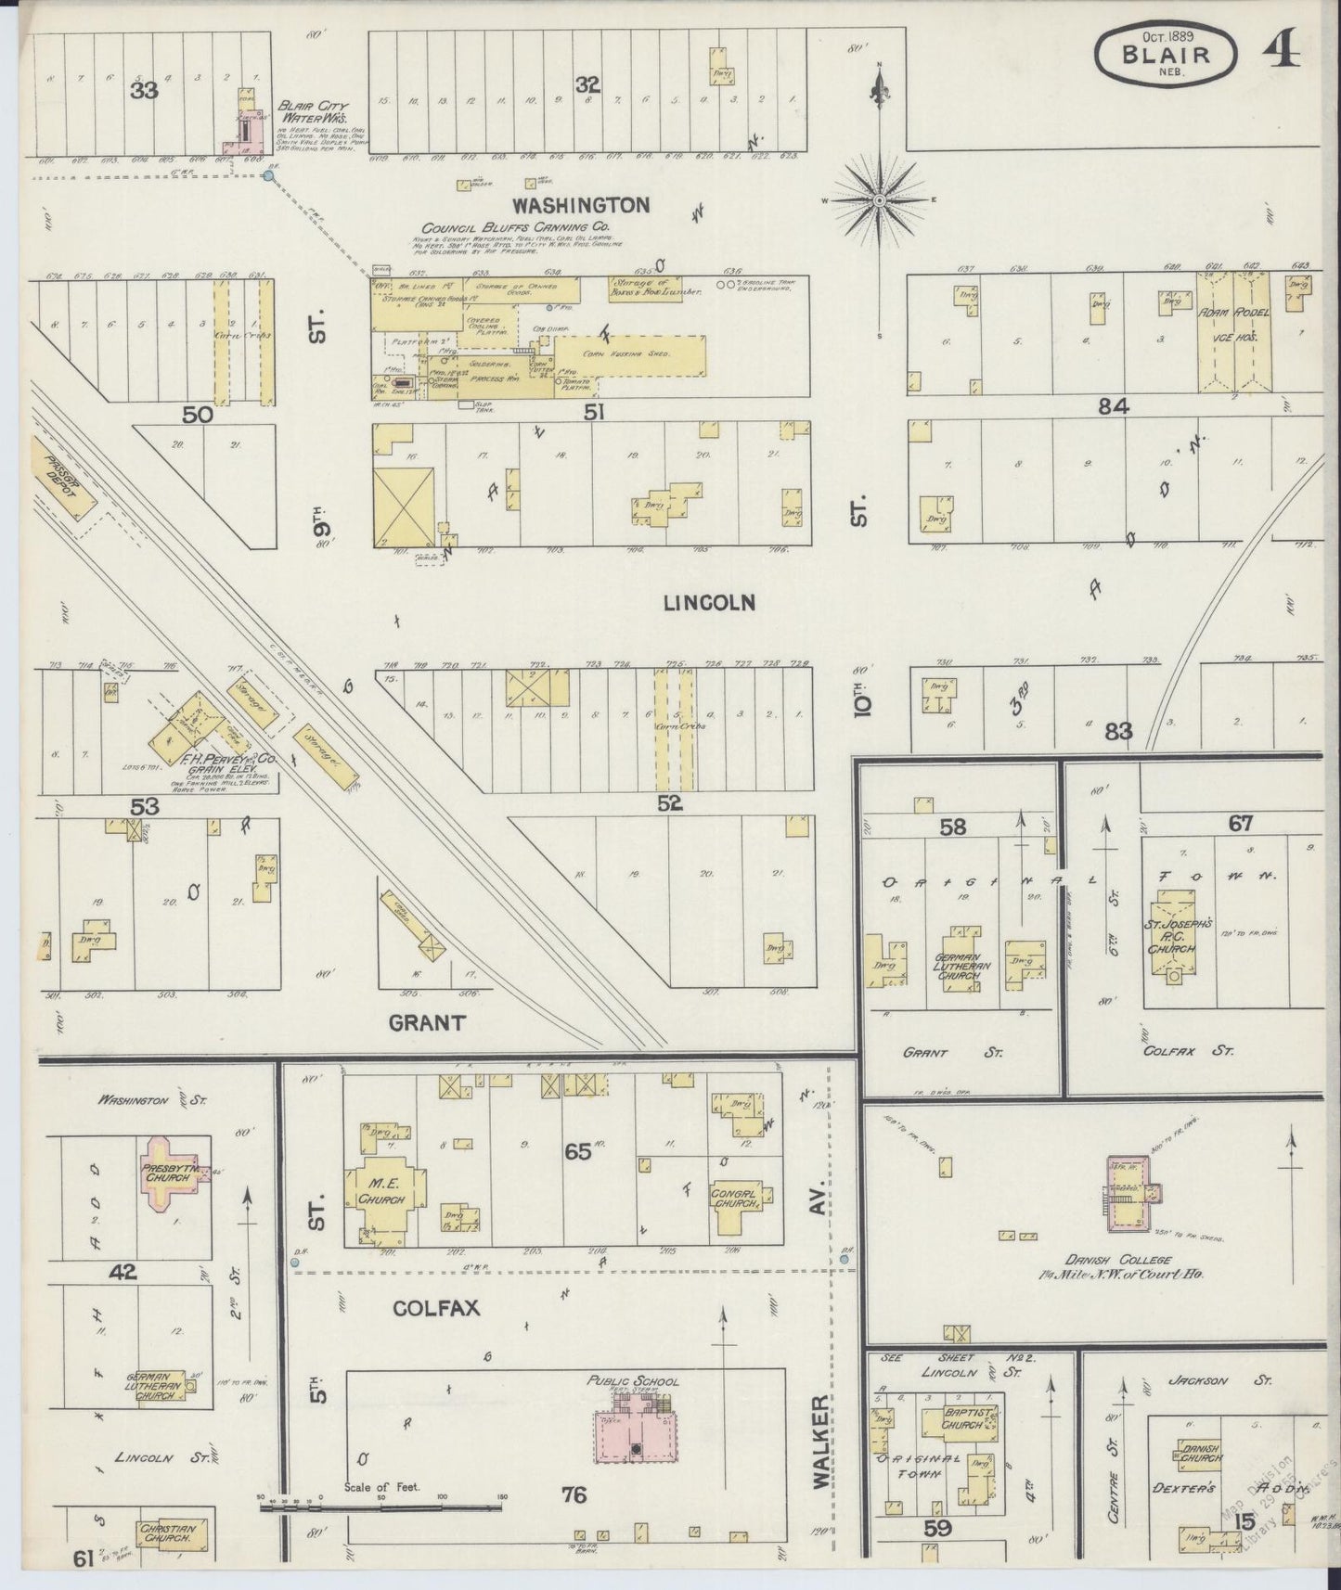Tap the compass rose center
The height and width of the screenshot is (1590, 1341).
tap(878, 199)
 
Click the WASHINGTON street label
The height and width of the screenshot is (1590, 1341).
tap(582, 205)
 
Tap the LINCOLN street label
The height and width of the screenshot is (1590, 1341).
tap(709, 603)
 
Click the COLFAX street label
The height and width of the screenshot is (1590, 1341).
tap(435, 1308)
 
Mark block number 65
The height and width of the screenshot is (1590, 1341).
tap(577, 1152)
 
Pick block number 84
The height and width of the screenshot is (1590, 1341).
tap(1113, 405)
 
